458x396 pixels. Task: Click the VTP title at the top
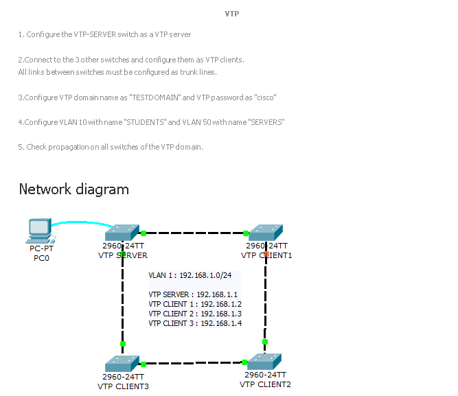tap(232, 14)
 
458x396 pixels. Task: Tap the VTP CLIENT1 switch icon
tap(266, 233)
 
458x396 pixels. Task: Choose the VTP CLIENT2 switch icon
tap(265, 362)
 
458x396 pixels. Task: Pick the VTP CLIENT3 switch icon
tap(123, 364)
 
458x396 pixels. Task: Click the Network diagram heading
tap(73, 189)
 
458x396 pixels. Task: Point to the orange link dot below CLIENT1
tap(266, 254)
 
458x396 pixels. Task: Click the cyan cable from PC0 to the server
tap(82, 223)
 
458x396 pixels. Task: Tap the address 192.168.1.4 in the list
tap(220, 323)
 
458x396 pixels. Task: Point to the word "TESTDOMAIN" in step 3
tap(155, 97)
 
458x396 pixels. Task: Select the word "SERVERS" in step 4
tap(264, 122)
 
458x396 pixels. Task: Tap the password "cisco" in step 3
tap(264, 97)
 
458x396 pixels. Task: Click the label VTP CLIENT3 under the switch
tap(123, 386)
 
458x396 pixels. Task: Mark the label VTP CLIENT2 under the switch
tap(265, 384)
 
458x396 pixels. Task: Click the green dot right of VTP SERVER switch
tap(144, 233)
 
